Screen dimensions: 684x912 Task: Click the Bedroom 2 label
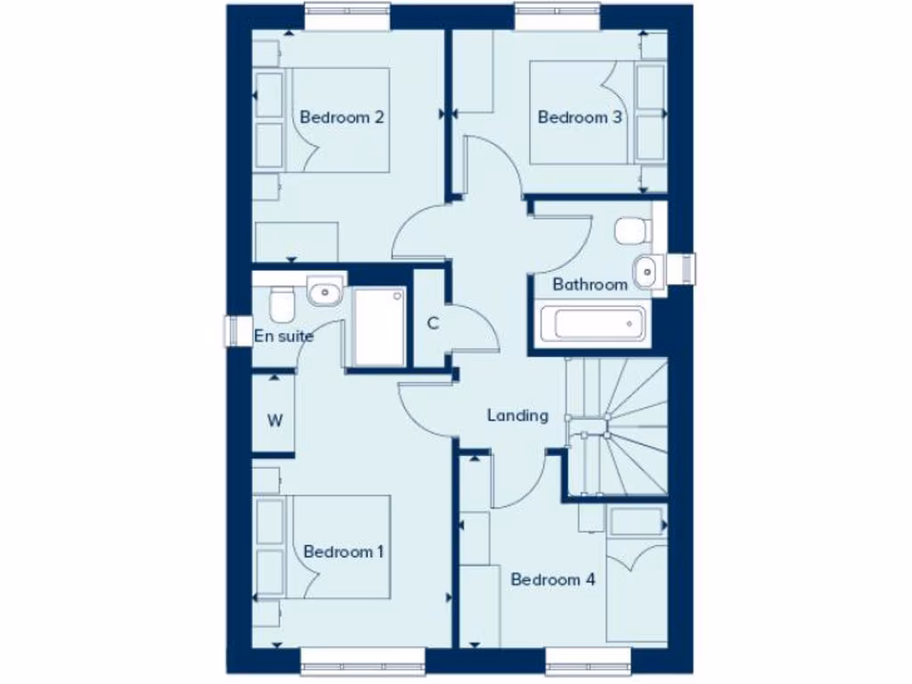[x=341, y=117]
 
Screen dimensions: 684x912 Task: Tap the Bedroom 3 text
[x=579, y=117]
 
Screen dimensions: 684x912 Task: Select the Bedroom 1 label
[x=343, y=551]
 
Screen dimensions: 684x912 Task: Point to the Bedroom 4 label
[x=552, y=580]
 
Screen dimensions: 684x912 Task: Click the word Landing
[x=517, y=415]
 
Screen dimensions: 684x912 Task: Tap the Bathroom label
[x=590, y=284]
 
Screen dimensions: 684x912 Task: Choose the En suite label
[x=283, y=336]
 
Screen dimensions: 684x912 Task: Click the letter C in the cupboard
[x=433, y=322]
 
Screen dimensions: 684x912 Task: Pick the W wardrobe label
[x=274, y=420]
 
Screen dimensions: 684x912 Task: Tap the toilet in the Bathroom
[x=631, y=230]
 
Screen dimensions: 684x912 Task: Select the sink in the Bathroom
[x=646, y=267]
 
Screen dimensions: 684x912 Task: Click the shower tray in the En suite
[x=379, y=327]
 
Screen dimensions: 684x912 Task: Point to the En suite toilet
[x=281, y=304]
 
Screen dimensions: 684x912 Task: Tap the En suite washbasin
[x=325, y=290]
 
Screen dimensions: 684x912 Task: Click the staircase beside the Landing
[x=617, y=426]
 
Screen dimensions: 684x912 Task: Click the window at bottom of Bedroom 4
[x=588, y=660]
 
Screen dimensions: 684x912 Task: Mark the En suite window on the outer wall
[x=237, y=330]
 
